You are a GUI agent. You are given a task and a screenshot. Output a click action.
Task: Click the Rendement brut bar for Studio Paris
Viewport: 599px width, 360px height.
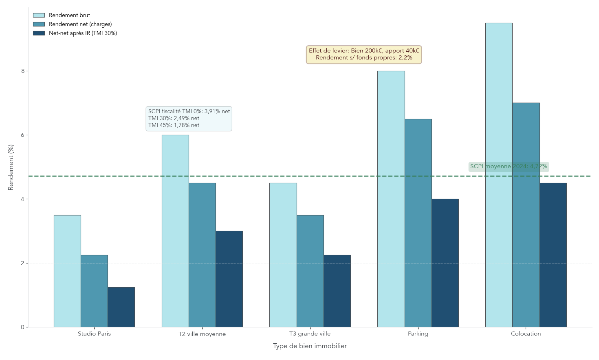[x=67, y=271]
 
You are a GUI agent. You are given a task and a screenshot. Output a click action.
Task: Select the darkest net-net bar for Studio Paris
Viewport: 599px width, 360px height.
[x=121, y=307]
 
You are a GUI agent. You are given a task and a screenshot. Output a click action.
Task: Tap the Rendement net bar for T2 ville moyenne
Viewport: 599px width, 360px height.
[x=202, y=255]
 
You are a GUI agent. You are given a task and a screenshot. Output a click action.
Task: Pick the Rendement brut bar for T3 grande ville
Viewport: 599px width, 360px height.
[x=283, y=255]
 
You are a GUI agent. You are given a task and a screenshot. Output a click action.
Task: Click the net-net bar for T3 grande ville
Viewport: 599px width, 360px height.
[x=337, y=291]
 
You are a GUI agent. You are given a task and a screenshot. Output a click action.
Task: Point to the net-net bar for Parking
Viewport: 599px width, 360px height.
[x=445, y=263]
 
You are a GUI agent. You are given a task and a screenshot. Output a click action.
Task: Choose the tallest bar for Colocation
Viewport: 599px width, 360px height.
[x=499, y=175]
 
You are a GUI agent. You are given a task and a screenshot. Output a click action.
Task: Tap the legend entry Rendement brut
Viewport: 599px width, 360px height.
[x=69, y=15]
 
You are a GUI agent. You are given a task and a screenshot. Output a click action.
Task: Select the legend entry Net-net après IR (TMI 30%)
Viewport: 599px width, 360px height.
[x=83, y=33]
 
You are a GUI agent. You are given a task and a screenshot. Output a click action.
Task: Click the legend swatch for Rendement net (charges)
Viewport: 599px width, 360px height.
[x=39, y=24]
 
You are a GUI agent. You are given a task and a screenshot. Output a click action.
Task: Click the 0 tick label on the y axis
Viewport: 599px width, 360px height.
[x=22, y=327]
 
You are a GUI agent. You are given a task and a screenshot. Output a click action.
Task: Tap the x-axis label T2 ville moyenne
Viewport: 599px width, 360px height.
[x=202, y=334]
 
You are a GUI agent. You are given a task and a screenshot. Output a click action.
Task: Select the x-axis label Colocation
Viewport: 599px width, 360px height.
[x=526, y=334]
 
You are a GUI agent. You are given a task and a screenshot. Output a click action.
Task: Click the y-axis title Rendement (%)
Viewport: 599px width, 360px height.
[x=11, y=167]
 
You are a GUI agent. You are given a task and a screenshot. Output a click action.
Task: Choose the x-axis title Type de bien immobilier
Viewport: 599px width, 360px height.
[x=310, y=346]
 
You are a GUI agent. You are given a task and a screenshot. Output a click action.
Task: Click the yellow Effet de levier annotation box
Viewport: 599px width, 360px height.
[x=363, y=54]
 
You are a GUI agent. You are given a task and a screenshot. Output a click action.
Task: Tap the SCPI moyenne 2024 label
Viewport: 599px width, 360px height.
[x=508, y=167]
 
